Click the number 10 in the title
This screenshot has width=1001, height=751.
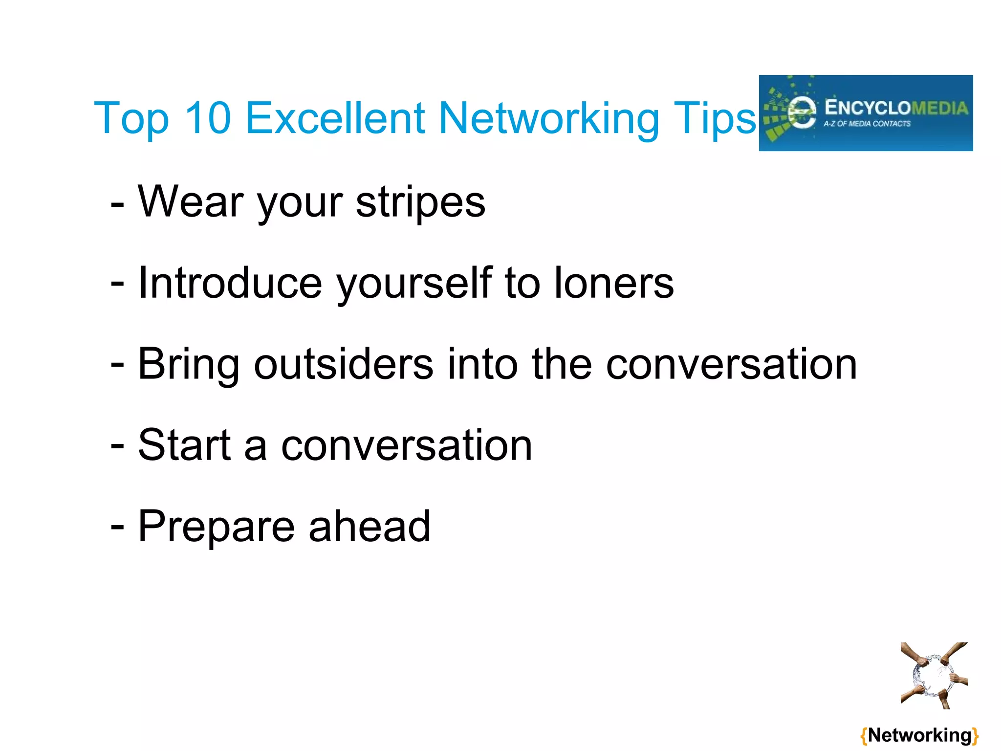tap(208, 118)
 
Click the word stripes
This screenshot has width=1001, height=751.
tap(420, 202)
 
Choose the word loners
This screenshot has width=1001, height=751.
tap(614, 283)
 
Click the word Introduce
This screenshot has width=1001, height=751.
tap(230, 283)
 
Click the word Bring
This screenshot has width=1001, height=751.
tap(189, 365)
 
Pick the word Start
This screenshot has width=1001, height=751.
tap(184, 445)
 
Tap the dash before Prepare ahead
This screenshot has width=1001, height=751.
tap(117, 527)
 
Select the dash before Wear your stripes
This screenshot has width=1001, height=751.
tap(117, 203)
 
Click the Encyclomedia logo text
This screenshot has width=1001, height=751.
tap(896, 108)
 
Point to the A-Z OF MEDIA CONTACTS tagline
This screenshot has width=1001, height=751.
tap(867, 124)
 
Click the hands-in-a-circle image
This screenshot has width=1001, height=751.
tap(934, 675)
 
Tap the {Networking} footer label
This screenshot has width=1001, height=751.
tap(919, 735)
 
